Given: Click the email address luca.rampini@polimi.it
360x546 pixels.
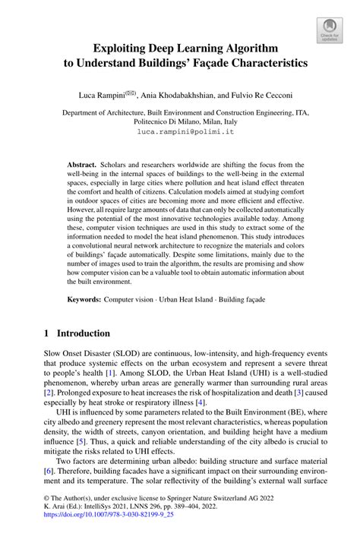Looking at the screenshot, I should point(179,131).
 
